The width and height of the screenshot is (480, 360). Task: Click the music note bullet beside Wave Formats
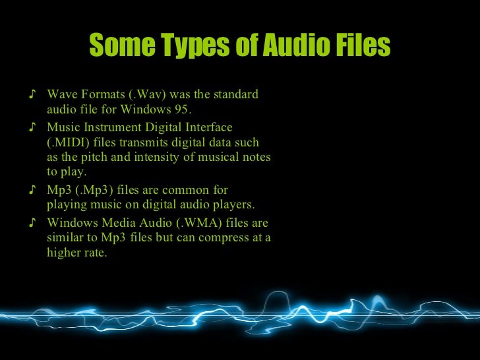pyautogui.click(x=34, y=94)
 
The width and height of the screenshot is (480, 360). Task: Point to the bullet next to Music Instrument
pyautogui.click(x=34, y=127)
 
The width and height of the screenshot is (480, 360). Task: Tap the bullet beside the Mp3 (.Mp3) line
pyautogui.click(x=34, y=190)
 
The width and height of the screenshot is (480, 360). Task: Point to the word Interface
pyautogui.click(x=209, y=127)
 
